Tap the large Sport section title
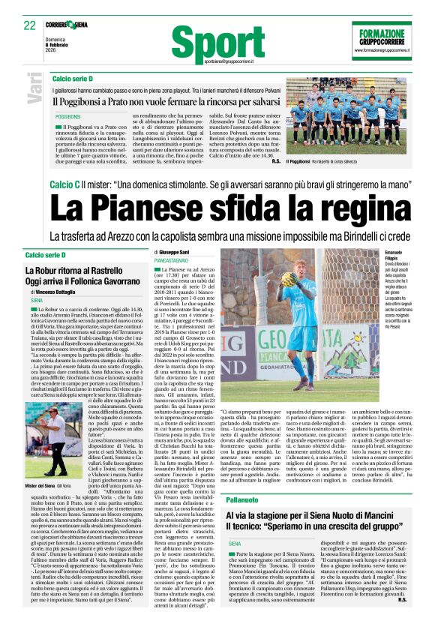228,42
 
